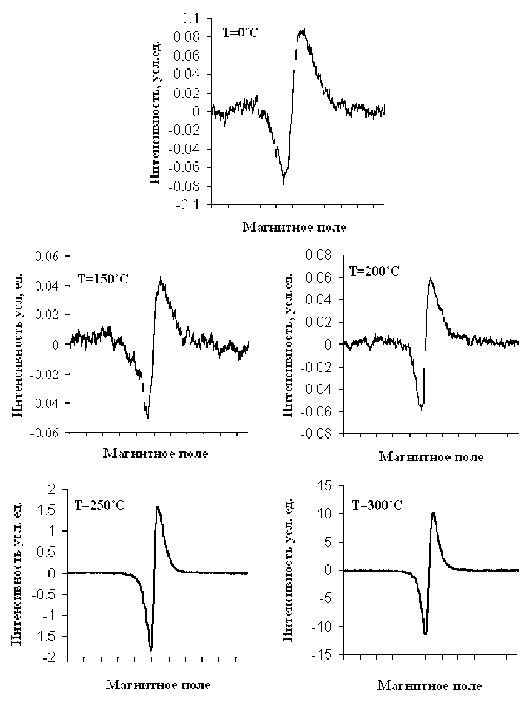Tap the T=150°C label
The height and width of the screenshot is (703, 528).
coord(103,278)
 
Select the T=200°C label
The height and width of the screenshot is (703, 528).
coord(374,272)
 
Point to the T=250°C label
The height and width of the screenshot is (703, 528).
coord(99,506)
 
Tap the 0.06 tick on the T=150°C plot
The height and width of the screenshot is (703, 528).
coord(47,257)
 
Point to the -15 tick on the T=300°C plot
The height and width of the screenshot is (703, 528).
coord(324,656)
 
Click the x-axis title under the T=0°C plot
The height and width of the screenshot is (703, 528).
coord(294,227)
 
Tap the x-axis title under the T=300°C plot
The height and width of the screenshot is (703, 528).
coord(430,685)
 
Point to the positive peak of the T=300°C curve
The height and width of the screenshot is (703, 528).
coord(433,513)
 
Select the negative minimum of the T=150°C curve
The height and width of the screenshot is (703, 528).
coord(147,418)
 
